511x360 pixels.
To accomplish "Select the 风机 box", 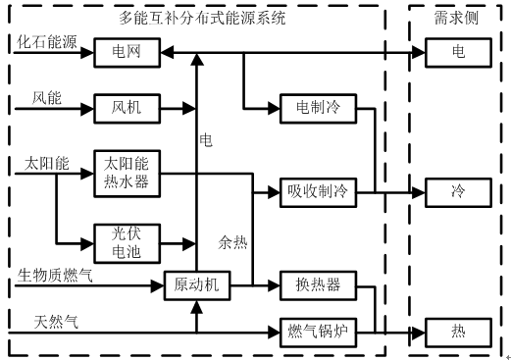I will click(125, 106).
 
